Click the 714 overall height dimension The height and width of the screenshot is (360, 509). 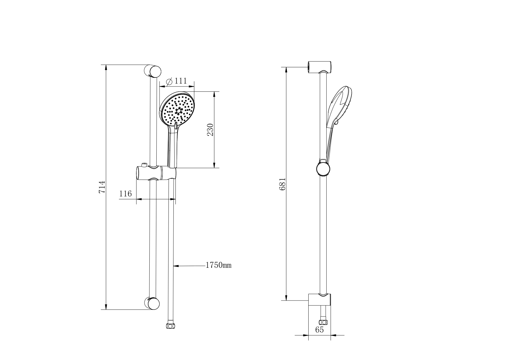pos(102,187)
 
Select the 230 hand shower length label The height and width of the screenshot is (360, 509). pos(210,130)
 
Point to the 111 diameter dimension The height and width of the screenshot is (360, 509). pos(181,81)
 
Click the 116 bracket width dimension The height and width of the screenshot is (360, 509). pos(125,193)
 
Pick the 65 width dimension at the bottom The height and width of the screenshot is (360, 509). pos(319,330)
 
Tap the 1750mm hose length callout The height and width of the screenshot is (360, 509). pos(218,265)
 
